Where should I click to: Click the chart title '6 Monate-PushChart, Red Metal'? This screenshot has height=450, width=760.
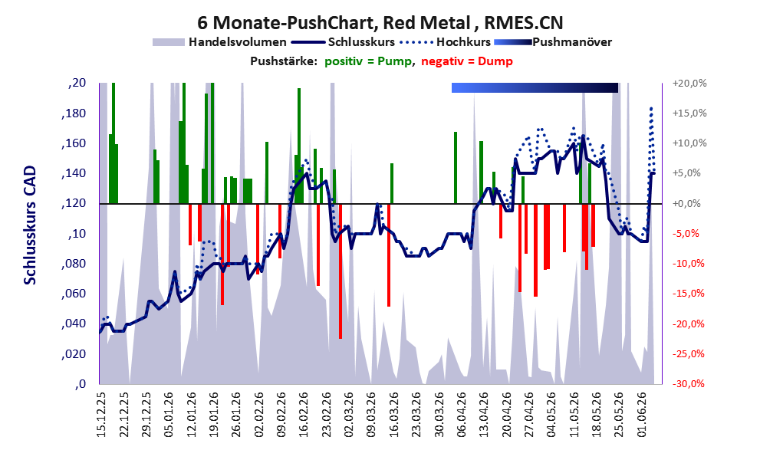[334, 23]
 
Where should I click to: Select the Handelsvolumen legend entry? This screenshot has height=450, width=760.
[219, 42]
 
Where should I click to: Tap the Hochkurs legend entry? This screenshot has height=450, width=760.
[446, 42]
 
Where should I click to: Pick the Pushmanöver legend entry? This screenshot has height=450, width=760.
[553, 42]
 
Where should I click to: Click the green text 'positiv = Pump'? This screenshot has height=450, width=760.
[368, 61]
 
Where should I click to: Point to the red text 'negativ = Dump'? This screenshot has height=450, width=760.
[467, 61]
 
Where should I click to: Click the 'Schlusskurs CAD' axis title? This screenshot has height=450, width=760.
[30, 225]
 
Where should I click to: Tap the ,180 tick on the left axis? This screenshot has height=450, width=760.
[74, 113]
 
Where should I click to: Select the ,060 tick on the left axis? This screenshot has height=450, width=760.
[74, 294]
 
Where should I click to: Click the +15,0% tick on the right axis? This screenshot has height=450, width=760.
[689, 113]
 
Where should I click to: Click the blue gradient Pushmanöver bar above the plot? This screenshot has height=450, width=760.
[535, 87]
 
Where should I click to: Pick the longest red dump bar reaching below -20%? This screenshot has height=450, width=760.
[341, 271]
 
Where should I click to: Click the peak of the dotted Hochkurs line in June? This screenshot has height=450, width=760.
[651, 108]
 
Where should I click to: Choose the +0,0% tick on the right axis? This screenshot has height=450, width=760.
[687, 203]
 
